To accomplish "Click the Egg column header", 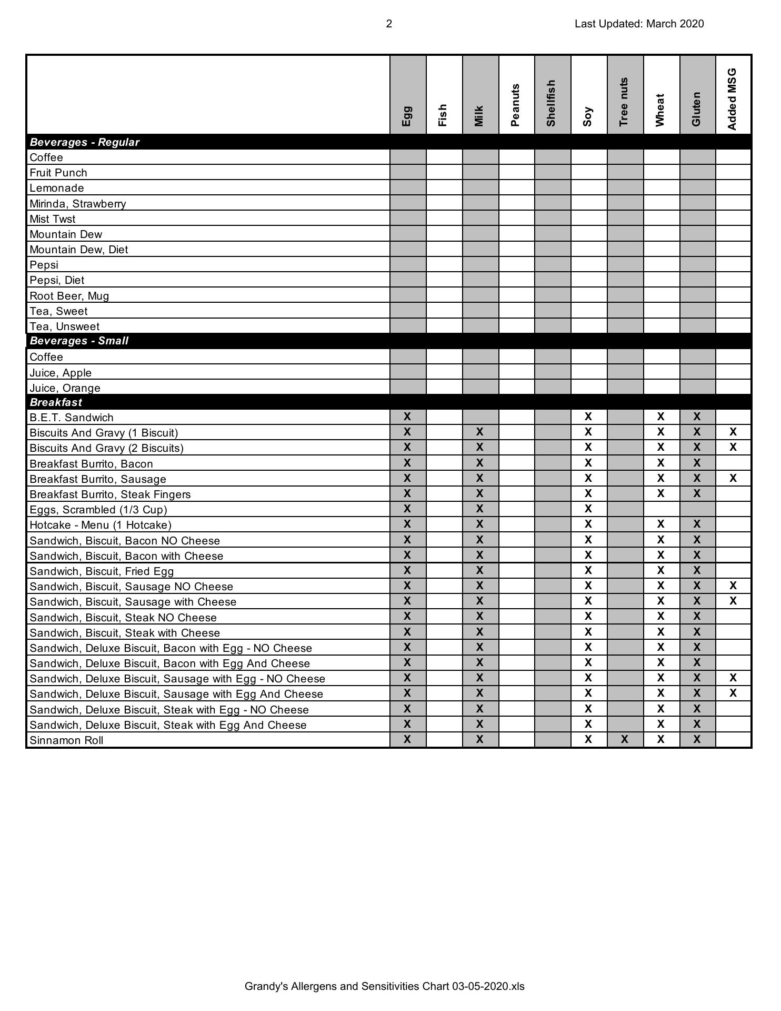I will [x=407, y=116].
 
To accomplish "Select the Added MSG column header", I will [x=733, y=100].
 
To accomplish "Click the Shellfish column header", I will [x=552, y=103].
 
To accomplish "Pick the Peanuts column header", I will [x=515, y=105].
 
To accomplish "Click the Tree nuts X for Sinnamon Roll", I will [x=624, y=739].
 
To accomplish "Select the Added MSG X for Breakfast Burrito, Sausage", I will [x=733, y=478].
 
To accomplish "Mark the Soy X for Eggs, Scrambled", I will [x=588, y=509].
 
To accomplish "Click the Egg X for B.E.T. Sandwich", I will [x=407, y=417].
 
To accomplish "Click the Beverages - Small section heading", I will [x=79, y=341].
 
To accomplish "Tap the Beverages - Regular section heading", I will [x=84, y=142].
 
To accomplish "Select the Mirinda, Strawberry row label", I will [x=78, y=204].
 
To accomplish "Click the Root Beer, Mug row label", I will [x=69, y=296].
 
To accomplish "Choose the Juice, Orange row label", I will [x=65, y=388].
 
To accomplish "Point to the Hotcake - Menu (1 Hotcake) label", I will [x=101, y=525].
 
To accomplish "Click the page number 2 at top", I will [x=389, y=24].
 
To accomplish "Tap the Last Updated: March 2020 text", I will [x=639, y=24].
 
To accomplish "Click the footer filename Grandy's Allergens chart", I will [x=384, y=986].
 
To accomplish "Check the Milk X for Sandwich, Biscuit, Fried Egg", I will [x=479, y=570].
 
